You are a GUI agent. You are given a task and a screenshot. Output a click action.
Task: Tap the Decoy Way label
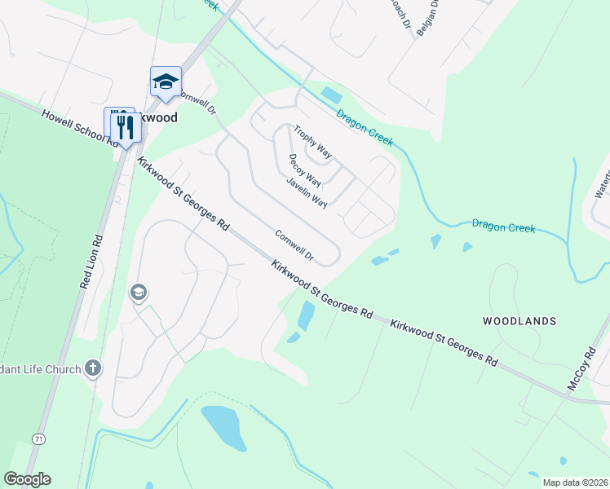tap(304, 170)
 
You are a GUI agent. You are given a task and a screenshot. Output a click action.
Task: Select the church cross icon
tap(93, 368)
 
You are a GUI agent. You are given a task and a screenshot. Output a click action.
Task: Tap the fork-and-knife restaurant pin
tap(124, 126)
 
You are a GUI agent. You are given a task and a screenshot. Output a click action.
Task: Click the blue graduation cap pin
tap(166, 81)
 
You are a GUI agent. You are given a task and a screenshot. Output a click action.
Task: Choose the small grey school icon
tap(139, 292)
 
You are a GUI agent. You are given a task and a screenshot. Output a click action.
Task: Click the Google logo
tap(27, 479)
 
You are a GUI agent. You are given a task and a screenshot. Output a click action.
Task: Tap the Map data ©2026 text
tap(574, 482)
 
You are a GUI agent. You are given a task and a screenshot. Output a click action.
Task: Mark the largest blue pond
tap(223, 426)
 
